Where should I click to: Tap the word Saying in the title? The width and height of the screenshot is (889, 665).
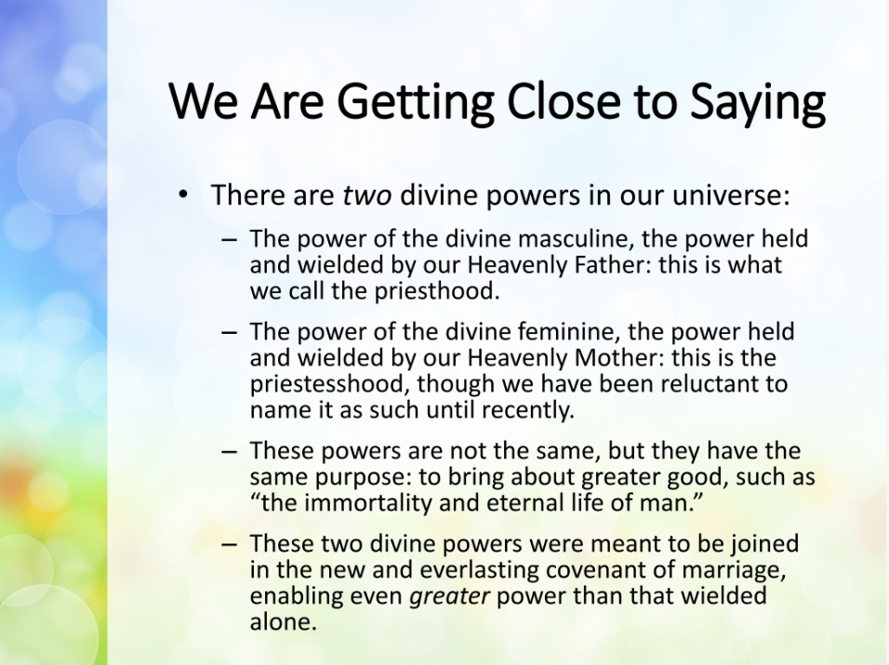[758, 102]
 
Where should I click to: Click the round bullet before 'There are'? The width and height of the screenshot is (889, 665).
[182, 194]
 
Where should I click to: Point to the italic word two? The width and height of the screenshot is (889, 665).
[366, 195]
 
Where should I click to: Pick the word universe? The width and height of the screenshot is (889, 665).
[731, 195]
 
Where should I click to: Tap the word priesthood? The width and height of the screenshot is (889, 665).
[436, 291]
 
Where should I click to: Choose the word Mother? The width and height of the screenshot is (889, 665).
[619, 358]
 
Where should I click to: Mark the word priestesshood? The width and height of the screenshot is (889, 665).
[329, 384]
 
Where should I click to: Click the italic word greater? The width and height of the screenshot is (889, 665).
[449, 596]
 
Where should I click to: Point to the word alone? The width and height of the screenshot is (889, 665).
[283, 622]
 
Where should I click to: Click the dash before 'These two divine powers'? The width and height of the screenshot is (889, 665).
[229, 544]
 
